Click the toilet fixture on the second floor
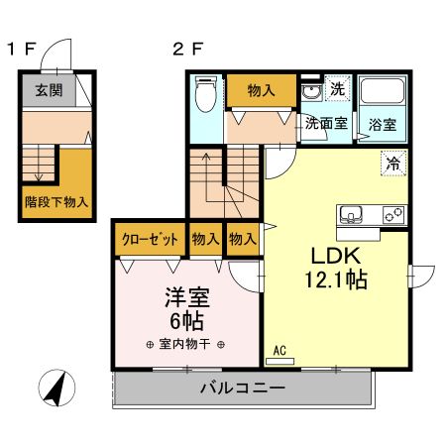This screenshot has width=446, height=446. [x=205, y=94]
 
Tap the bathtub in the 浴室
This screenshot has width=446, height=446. [x=383, y=90]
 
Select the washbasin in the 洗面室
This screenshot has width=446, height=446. [x=311, y=92]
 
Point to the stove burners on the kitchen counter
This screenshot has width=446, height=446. [x=393, y=215]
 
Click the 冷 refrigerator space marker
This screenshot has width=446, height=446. [x=393, y=164]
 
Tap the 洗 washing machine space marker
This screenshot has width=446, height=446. [x=337, y=88]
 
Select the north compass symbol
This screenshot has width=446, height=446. [x=56, y=388]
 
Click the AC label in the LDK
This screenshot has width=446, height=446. [x=279, y=351]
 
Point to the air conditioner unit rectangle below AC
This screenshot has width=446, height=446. [x=279, y=362]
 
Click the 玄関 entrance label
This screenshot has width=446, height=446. [x=49, y=90]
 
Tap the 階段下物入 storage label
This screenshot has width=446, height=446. [x=56, y=202]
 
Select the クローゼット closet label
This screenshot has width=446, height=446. [x=150, y=239]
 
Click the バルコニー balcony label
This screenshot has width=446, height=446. [x=243, y=388]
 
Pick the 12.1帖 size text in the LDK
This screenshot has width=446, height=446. [x=336, y=279]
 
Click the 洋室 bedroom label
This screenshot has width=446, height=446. [x=187, y=297]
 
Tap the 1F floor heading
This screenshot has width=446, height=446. [x=22, y=50]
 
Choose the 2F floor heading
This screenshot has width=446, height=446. [x=188, y=50]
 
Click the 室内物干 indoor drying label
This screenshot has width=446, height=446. [x=184, y=344]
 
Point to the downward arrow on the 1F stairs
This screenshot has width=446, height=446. [x=39, y=164]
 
